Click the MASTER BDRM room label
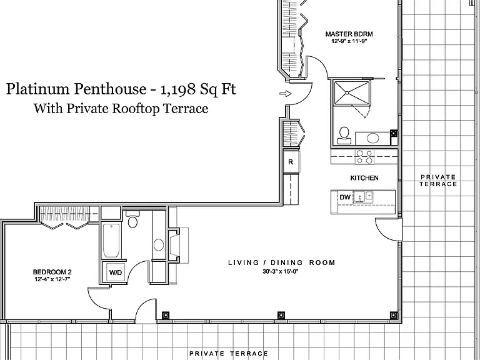pyautogui.click(x=349, y=34)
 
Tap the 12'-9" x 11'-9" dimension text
pyautogui.click(x=349, y=41)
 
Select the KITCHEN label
pyautogui.click(x=364, y=178)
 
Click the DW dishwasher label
pyautogui.click(x=345, y=197)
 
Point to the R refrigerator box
pyautogui.click(x=291, y=162)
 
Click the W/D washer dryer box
pyautogui.click(x=116, y=272)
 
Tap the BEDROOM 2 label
pyautogui.click(x=52, y=272)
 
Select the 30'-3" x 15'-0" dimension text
pyautogui.click(x=281, y=271)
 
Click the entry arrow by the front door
pyautogui.click(x=285, y=94)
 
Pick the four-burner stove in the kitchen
pyautogui.click(x=364, y=156)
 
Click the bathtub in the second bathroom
pyautogui.click(x=111, y=241)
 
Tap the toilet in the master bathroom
pyautogui.click(x=344, y=135)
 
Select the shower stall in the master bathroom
pyautogui.click(x=351, y=92)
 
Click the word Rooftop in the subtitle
pyautogui.click(x=136, y=109)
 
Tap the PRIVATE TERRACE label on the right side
pyautogui.click(x=438, y=181)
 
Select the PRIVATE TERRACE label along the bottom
pyautogui.click(x=229, y=354)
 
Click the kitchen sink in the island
pyautogui.click(x=363, y=197)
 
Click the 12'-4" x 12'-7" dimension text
pyautogui.click(x=52, y=279)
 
